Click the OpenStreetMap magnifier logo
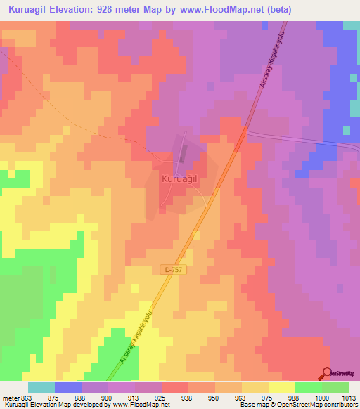327,373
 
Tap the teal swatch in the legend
41,387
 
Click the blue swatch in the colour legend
68,387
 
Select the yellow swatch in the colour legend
282,387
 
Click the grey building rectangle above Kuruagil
185,153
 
